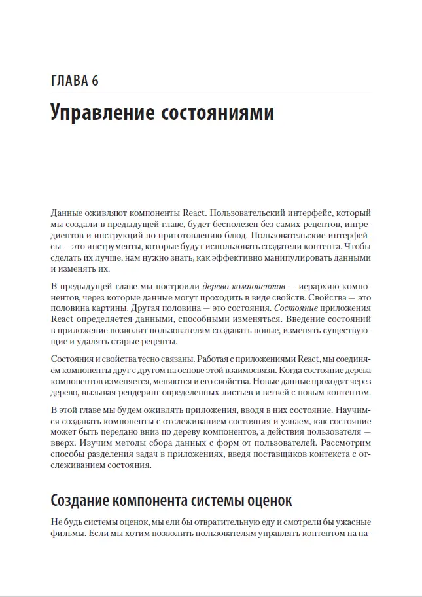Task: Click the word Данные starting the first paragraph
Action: [67, 214]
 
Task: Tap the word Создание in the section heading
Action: [83, 501]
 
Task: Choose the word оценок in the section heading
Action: [268, 501]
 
